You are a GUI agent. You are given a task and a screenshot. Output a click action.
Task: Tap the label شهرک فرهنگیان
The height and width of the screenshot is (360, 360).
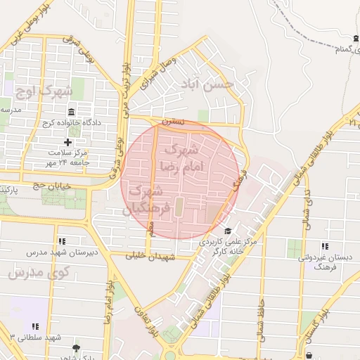coord(147,200)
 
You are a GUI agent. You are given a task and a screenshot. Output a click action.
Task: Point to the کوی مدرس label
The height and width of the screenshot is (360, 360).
coord(31,272)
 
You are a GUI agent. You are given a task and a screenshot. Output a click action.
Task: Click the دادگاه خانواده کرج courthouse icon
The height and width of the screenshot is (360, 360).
coord(71,113)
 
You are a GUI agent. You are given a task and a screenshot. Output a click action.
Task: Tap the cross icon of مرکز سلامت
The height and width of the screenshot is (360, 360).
coord(67,143)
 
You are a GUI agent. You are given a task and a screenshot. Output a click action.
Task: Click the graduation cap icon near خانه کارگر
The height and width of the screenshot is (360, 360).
coord(227,231)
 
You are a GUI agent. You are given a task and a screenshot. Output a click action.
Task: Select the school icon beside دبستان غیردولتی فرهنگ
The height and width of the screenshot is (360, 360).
coord(324,247)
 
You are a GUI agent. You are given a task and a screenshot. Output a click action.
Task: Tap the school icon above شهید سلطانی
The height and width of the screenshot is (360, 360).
coord(36,327)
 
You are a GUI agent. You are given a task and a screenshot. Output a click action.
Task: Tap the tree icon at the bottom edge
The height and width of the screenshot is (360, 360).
coord(76,347)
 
